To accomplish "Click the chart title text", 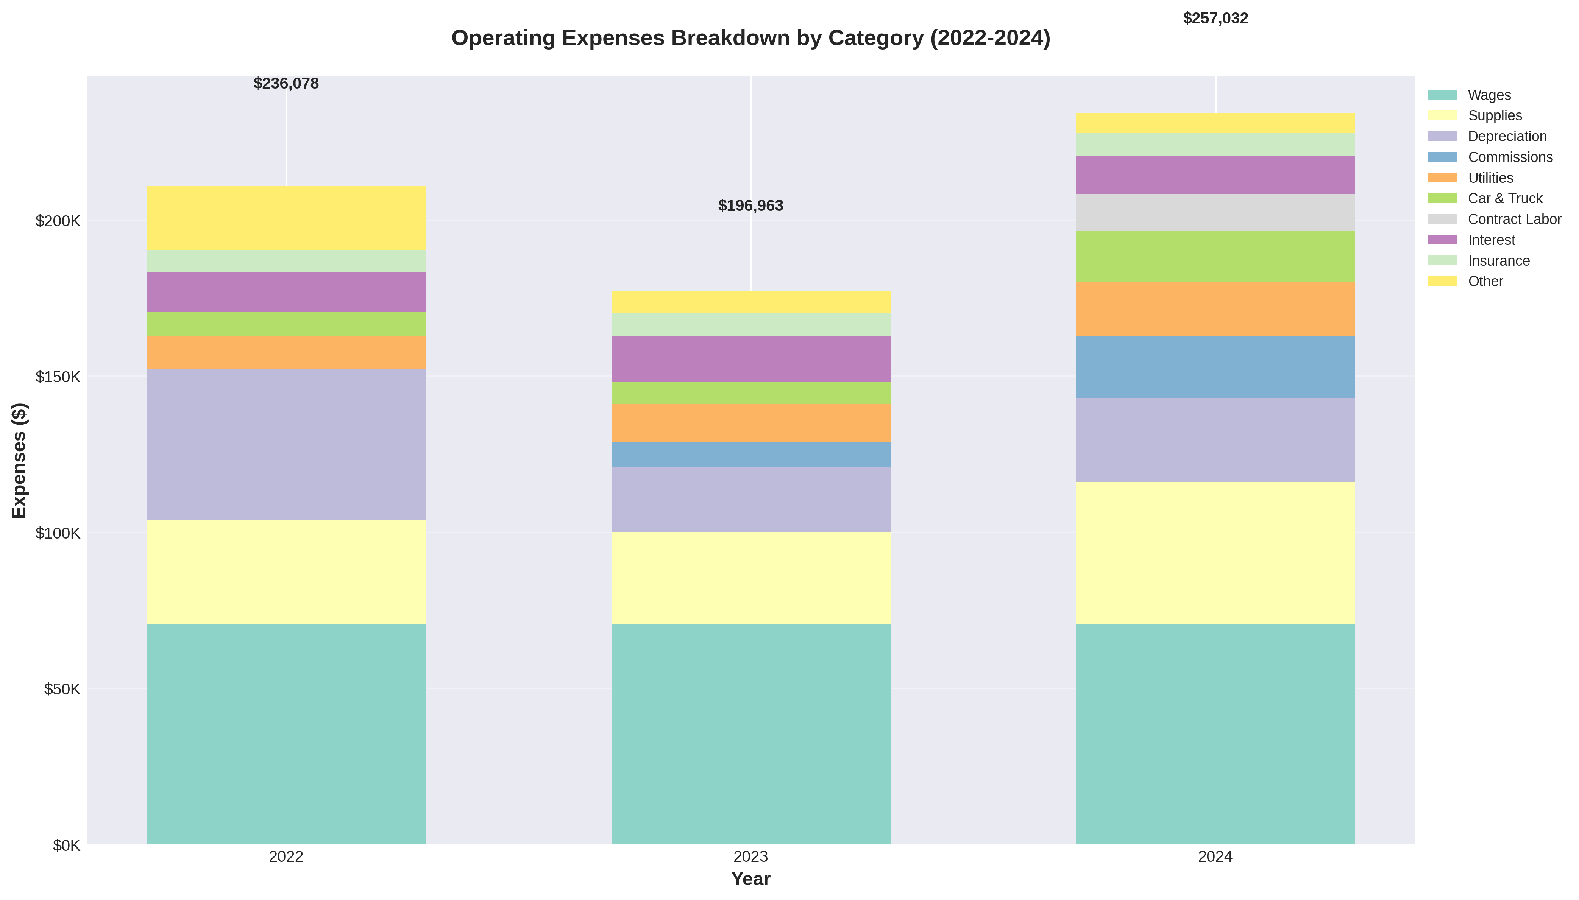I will tap(750, 38).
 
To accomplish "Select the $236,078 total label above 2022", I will tap(286, 83).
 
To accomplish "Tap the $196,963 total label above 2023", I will tap(750, 206).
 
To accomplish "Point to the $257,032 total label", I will tap(1215, 19).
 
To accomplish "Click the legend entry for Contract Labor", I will tap(1514, 220).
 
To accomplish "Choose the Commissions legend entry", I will tap(1510, 157).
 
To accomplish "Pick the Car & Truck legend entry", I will tap(1505, 198).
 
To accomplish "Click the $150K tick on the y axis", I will tap(58, 377).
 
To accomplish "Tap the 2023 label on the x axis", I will tap(750, 857).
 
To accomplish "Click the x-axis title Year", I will tap(750, 879).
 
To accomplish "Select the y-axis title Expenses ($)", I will tap(19, 461).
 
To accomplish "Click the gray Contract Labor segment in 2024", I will tap(1215, 213).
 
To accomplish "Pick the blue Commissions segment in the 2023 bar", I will tap(750, 454).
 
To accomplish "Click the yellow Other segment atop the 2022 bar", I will tap(286, 218).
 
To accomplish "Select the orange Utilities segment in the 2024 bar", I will tap(1215, 309).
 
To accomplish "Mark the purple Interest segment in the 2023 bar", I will tap(750, 358).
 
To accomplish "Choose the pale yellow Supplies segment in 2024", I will tap(1215, 553).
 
